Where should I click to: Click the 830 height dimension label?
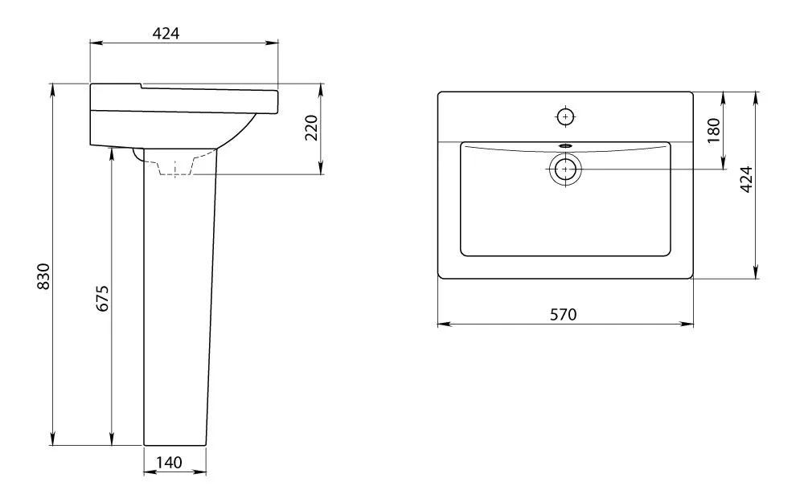pyautogui.click(x=43, y=276)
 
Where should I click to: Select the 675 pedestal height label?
pyautogui.click(x=103, y=299)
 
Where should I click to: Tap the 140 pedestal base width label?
pyautogui.click(x=169, y=463)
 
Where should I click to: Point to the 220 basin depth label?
pyautogui.click(x=311, y=128)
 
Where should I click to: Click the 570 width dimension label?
pyautogui.click(x=563, y=314)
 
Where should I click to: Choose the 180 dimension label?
pyautogui.click(x=713, y=130)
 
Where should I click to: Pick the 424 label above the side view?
pyautogui.click(x=166, y=33)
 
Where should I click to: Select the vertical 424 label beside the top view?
pyautogui.click(x=747, y=179)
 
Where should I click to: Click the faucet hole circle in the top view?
pyautogui.click(x=565, y=116)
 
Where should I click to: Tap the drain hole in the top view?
pyautogui.click(x=565, y=169)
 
